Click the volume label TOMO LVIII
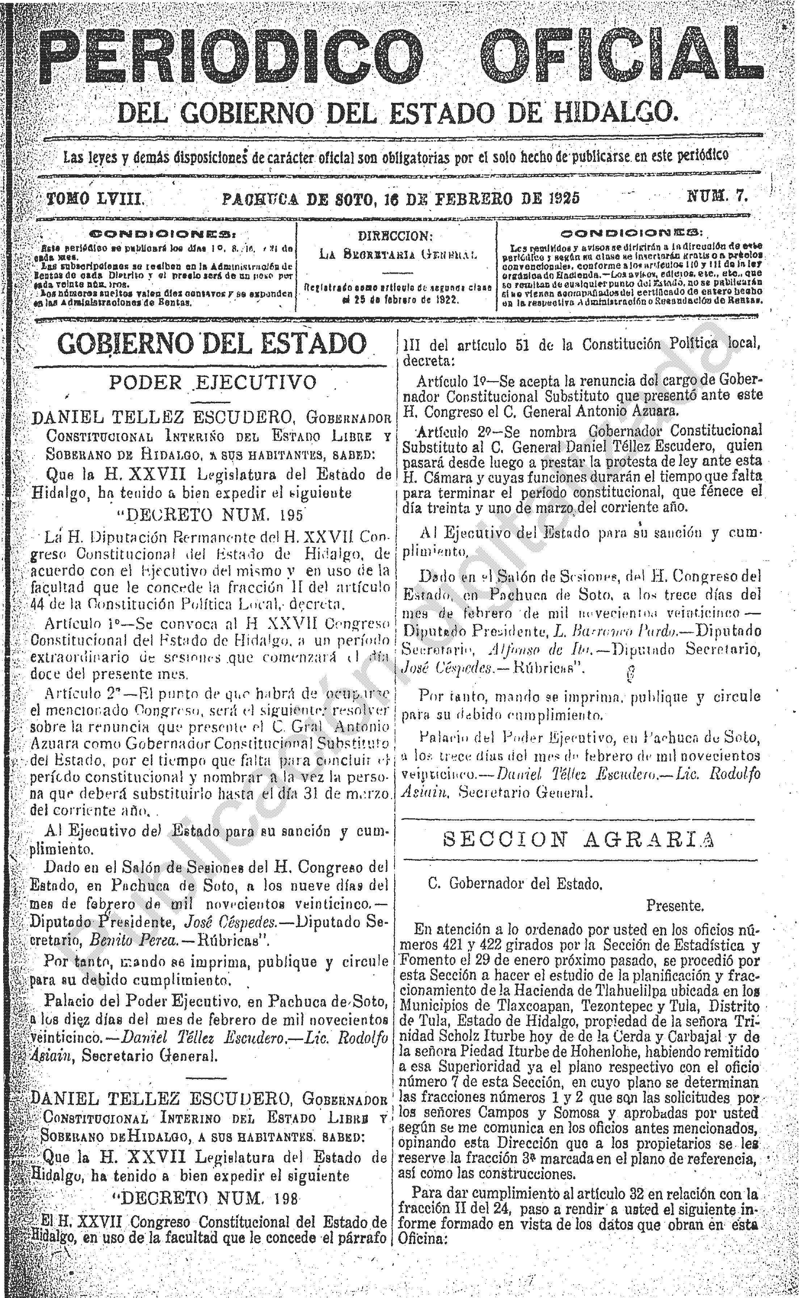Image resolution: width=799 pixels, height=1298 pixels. click(96, 198)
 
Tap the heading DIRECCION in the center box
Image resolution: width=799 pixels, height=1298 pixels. click(396, 236)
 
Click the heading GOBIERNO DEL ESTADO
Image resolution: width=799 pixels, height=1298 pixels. click(211, 344)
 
